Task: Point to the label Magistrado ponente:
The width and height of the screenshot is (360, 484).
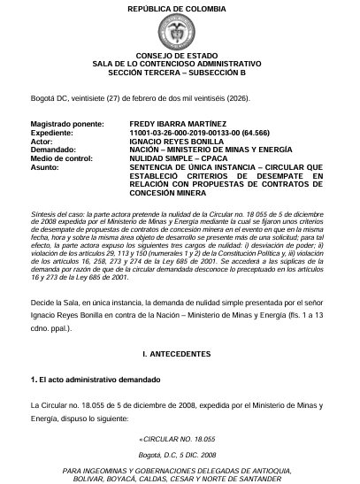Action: click(67, 124)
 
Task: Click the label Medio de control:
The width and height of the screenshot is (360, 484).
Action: click(61, 158)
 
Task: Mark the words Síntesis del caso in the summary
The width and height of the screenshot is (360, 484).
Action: click(57, 215)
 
